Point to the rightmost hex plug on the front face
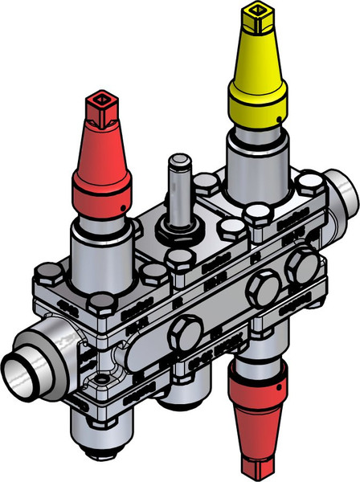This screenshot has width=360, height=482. pyautogui.click(x=303, y=261)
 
